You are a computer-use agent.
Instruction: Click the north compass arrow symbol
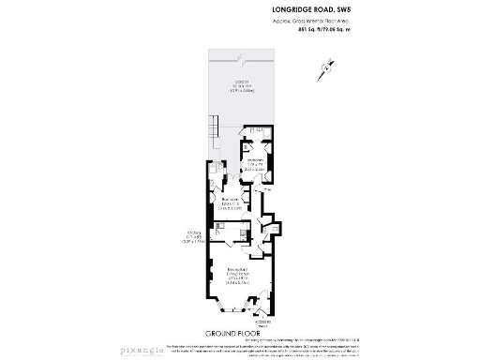325,67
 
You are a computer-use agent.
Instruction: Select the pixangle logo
152,349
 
